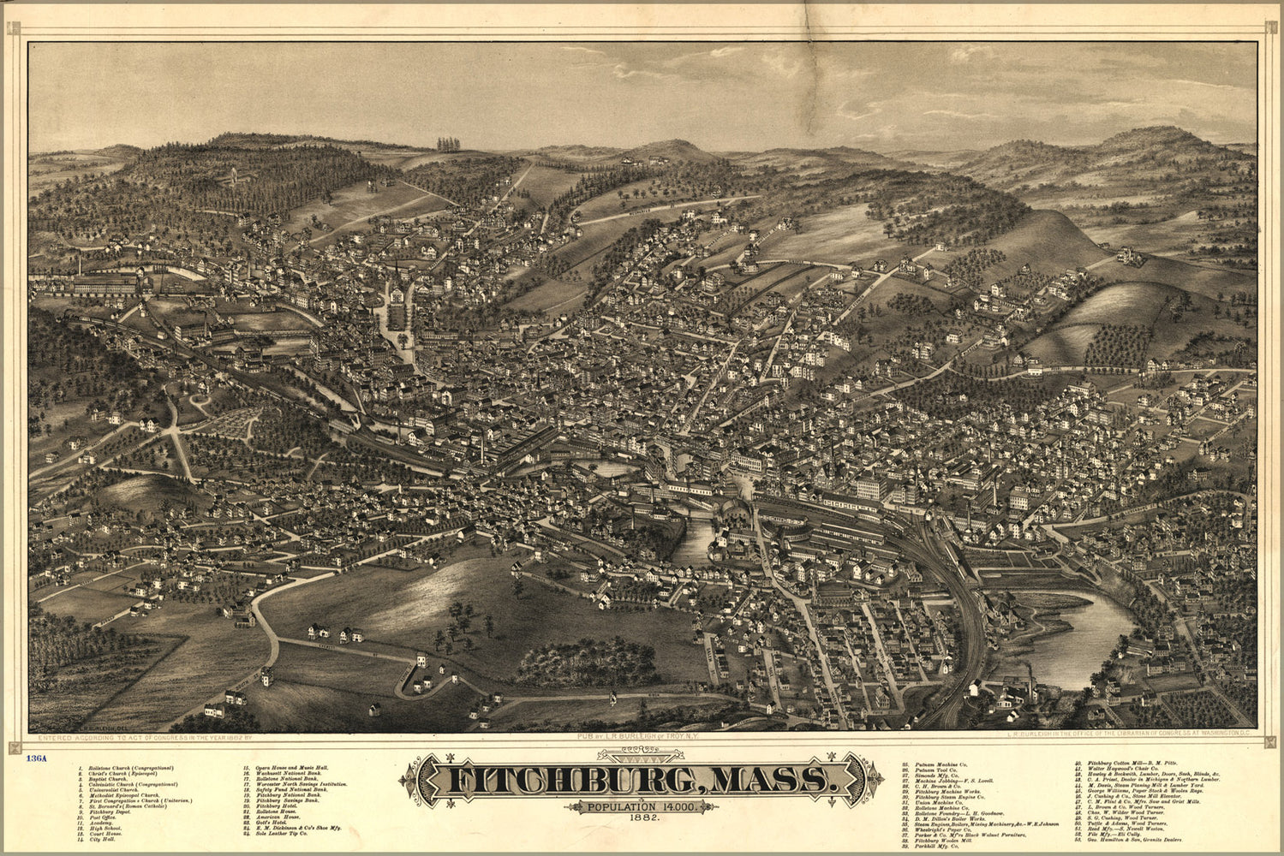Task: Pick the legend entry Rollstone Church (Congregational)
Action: point(128,768)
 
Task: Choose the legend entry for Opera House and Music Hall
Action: point(291,768)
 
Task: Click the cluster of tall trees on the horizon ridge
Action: point(448,144)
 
